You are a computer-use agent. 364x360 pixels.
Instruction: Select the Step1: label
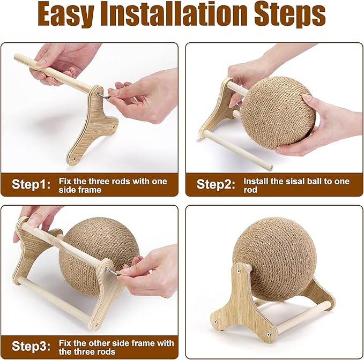(32, 185)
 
